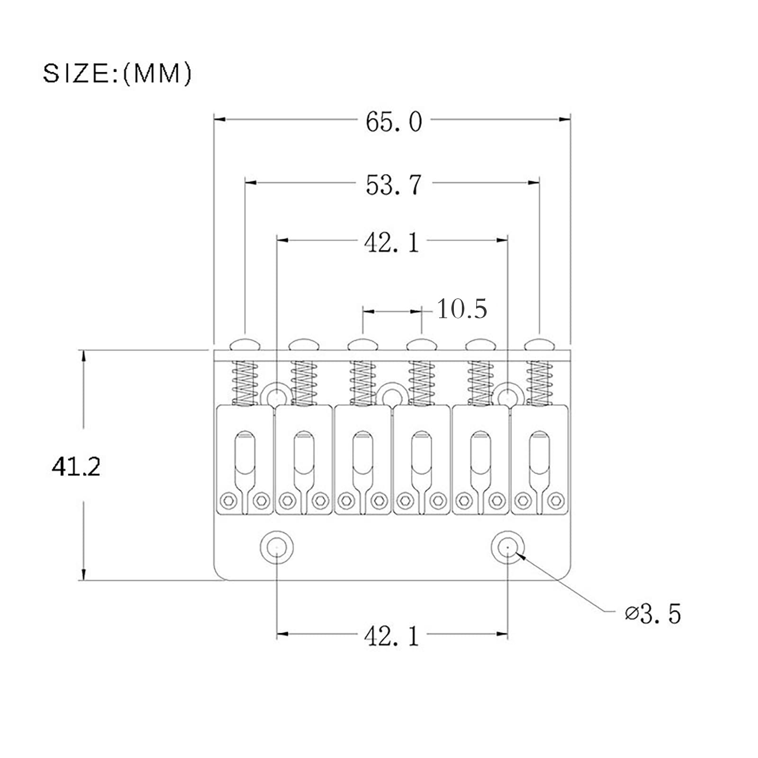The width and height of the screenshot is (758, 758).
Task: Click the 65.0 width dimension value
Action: [393, 122]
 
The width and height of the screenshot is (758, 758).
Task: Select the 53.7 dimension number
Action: [393, 185]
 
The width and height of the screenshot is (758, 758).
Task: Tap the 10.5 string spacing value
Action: [461, 309]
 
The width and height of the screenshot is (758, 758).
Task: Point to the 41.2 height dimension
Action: [76, 467]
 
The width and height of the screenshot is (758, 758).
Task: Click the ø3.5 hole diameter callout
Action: [653, 614]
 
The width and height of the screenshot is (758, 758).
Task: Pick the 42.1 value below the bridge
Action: [392, 636]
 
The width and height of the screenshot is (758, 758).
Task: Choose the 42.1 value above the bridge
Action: [392, 243]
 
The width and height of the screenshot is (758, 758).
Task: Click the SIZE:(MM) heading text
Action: [117, 73]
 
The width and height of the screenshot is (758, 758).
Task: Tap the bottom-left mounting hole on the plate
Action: [277, 547]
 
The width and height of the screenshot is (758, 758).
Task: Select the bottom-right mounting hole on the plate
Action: [507, 547]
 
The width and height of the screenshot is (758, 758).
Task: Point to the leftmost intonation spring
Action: [245, 383]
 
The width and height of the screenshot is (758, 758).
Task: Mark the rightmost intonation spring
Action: [540, 383]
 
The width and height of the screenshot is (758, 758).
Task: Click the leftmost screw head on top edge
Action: [245, 344]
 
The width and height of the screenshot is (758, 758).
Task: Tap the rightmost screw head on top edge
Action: [540, 344]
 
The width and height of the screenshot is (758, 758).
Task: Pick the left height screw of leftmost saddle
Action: [228, 500]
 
